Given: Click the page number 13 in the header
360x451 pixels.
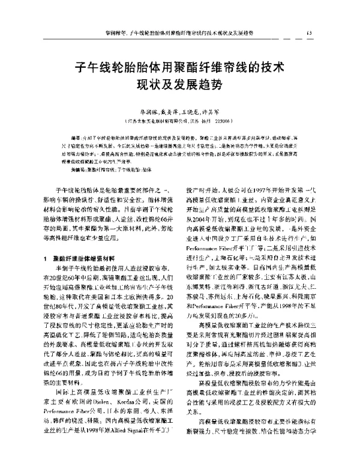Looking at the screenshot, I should pyautogui.click(x=308, y=32).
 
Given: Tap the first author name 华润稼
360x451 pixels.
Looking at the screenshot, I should pyautogui.click(x=140, y=112).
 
